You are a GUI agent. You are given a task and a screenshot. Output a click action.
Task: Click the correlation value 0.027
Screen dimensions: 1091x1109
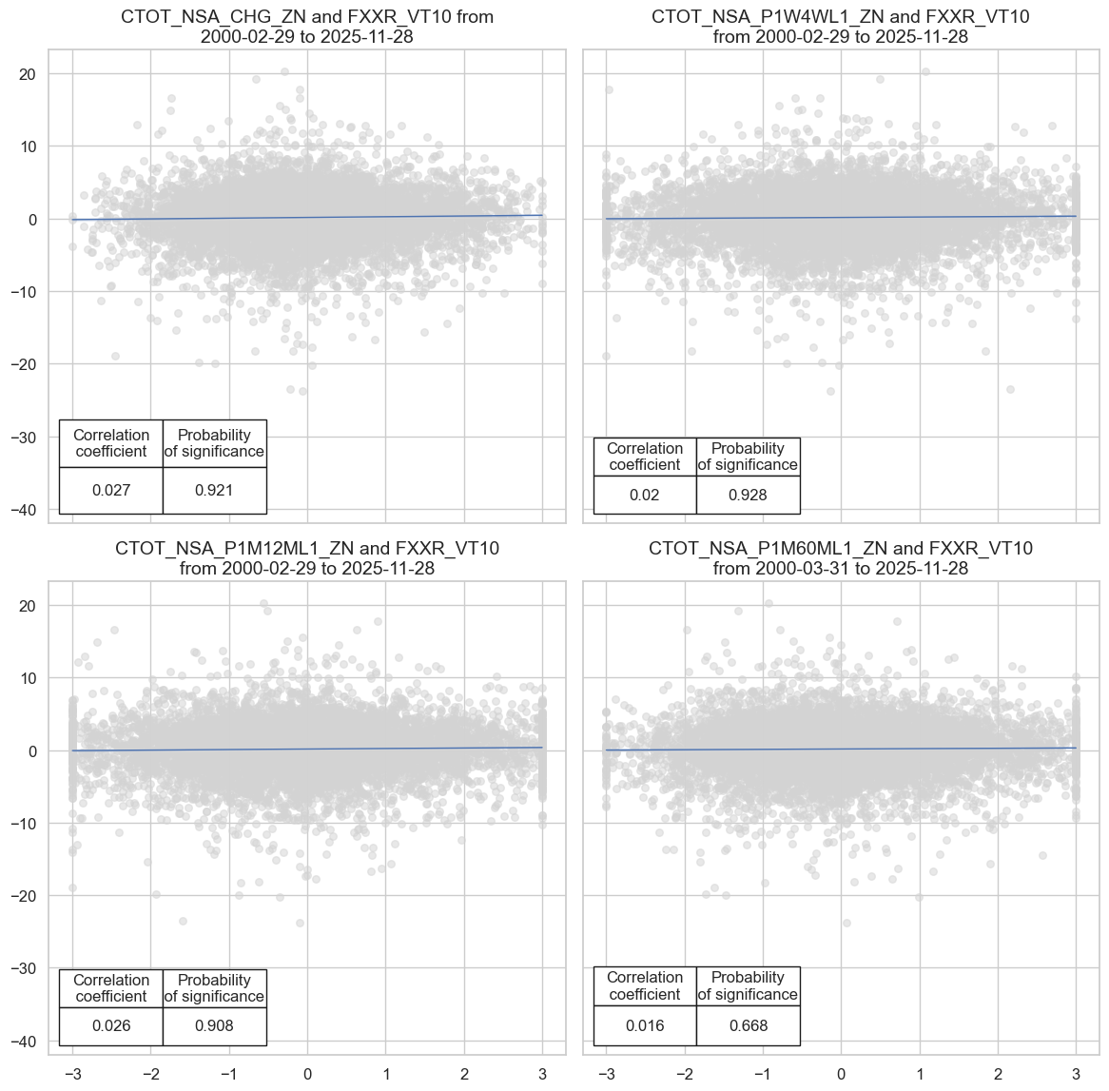pos(111,491)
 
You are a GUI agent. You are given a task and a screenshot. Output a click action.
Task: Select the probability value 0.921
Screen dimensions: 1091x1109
pos(214,491)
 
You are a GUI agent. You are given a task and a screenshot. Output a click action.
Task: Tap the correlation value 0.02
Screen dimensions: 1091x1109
pos(645,496)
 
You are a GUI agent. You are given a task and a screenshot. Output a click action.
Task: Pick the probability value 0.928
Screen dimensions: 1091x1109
pos(748,496)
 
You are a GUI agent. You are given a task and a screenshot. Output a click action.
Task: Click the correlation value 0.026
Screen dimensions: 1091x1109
pos(111,1026)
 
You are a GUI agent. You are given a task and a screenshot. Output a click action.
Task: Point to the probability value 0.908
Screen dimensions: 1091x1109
pos(214,1026)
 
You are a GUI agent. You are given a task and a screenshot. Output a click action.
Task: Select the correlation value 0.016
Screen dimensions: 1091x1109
pos(645,1026)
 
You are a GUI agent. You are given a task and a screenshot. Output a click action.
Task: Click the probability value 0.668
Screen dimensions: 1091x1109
pos(748,1026)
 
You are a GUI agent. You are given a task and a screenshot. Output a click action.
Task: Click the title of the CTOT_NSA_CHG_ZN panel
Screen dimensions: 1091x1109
pos(307,27)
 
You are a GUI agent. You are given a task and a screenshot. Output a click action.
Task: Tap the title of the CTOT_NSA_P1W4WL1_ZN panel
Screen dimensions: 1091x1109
pos(841,27)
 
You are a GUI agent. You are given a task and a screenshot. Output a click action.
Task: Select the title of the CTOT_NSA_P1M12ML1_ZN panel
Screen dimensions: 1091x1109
pos(307,558)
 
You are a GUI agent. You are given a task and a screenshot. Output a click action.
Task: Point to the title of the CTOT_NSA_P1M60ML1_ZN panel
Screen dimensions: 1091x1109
pos(841,558)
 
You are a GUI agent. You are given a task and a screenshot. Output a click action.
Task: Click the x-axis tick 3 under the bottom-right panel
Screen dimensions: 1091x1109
pos(1076,1075)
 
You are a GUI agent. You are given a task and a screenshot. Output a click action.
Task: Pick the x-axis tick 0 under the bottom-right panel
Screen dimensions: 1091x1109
pos(841,1075)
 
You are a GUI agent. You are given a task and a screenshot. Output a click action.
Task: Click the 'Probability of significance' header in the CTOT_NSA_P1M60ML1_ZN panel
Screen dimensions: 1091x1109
pos(748,986)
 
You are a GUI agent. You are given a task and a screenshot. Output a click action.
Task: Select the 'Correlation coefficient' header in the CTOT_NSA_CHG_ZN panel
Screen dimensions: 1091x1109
pos(111,443)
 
